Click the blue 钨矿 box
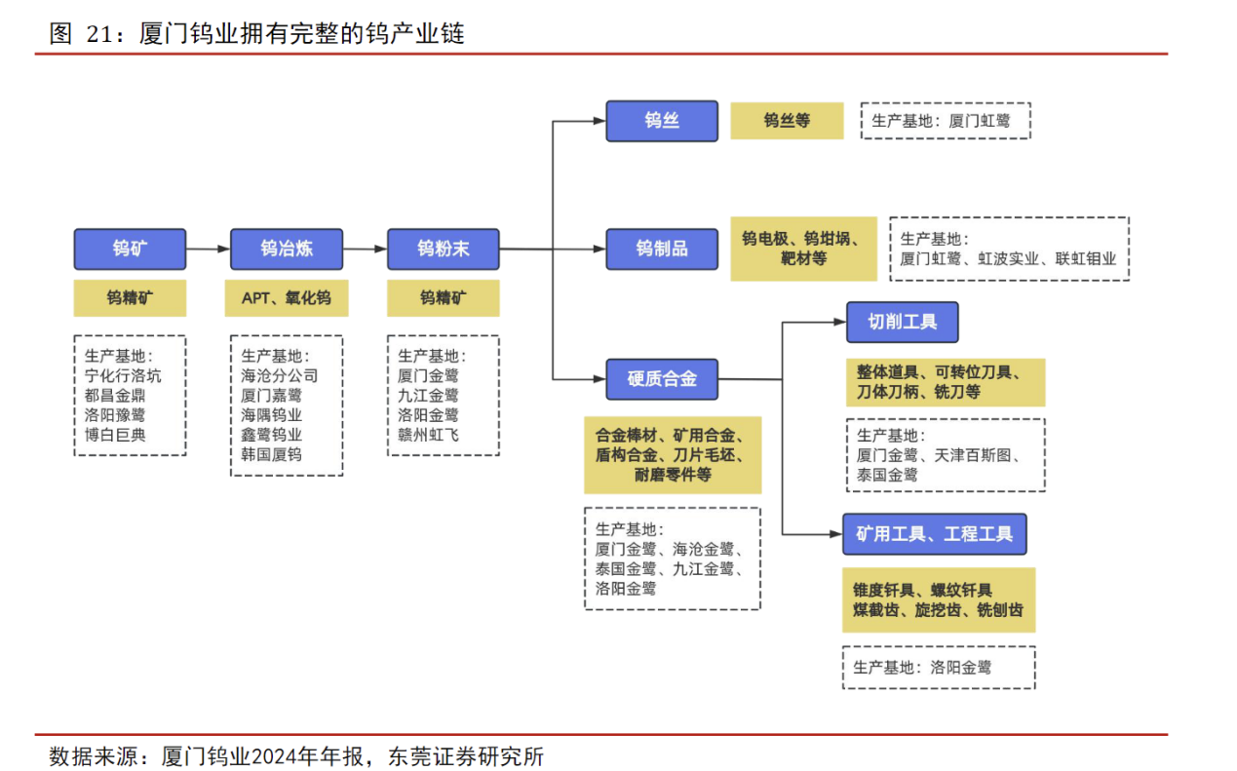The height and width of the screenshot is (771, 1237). [130, 249]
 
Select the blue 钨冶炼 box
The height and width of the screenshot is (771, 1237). [287, 249]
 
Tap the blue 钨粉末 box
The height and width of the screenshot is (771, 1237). [443, 249]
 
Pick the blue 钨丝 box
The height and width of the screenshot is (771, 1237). [662, 121]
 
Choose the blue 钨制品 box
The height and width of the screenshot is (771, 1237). [662, 249]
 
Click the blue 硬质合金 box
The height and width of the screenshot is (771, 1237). [662, 379]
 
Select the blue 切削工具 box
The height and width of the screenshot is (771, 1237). [902, 322]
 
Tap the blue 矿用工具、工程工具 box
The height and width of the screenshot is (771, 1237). [934, 534]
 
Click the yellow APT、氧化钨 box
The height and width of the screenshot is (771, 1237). [287, 298]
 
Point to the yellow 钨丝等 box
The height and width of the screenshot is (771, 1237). [787, 121]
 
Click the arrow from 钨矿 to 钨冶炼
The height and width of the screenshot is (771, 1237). [208, 249]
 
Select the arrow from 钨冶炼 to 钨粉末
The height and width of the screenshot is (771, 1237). [365, 249]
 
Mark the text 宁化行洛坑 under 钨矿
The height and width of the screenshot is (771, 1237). [123, 375]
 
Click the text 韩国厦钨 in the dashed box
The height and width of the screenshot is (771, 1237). [271, 455]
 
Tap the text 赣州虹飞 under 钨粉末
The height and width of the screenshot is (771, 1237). [428, 435]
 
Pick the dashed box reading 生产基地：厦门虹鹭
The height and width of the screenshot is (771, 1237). [945, 121]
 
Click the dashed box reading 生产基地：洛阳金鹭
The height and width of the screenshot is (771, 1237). [938, 668]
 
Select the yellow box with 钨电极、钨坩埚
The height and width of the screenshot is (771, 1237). [803, 249]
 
